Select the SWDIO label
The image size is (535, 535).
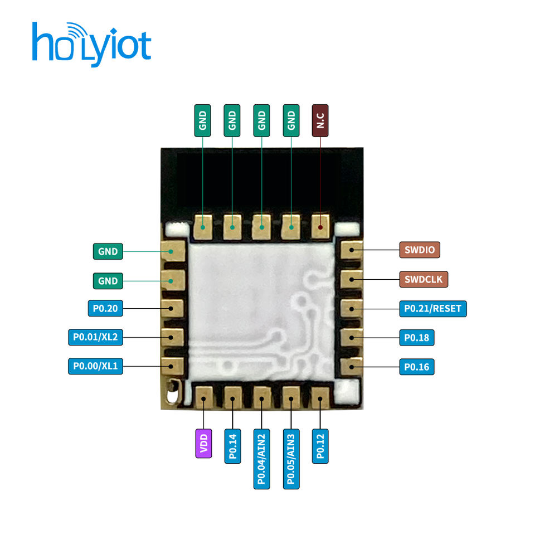420,250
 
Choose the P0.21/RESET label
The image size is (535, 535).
433,308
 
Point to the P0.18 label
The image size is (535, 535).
416,338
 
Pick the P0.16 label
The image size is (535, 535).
416,367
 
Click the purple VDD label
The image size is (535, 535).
204,444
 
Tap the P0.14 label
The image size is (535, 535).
234,446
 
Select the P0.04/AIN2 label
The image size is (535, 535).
262,459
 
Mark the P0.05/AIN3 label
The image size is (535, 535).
291,459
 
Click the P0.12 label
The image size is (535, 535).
320,446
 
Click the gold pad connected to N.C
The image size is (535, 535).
320,226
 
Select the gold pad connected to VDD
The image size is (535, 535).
204,398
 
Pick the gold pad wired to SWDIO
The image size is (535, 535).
351,250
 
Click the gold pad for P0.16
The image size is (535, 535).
351,366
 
